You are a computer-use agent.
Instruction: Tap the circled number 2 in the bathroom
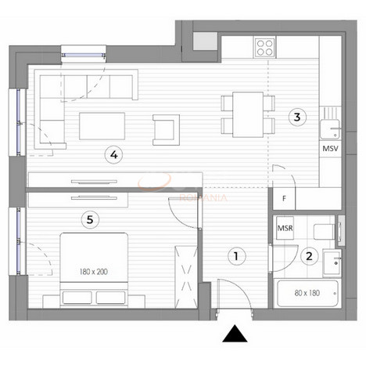tap(309, 255)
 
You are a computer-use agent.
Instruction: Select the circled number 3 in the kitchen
tap(295, 117)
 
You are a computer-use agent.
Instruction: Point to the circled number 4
tap(114, 154)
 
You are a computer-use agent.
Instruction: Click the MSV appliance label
tap(330, 147)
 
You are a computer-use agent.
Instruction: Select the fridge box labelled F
tap(284, 199)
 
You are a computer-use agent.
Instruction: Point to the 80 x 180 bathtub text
tap(307, 294)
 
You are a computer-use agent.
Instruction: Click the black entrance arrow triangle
tap(233, 334)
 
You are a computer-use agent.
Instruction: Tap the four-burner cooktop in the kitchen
tap(265, 46)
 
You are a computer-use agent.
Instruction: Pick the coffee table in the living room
tap(102, 125)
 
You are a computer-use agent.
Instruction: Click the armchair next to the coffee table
tap(166, 128)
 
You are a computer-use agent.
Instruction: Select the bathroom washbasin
tap(333, 258)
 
